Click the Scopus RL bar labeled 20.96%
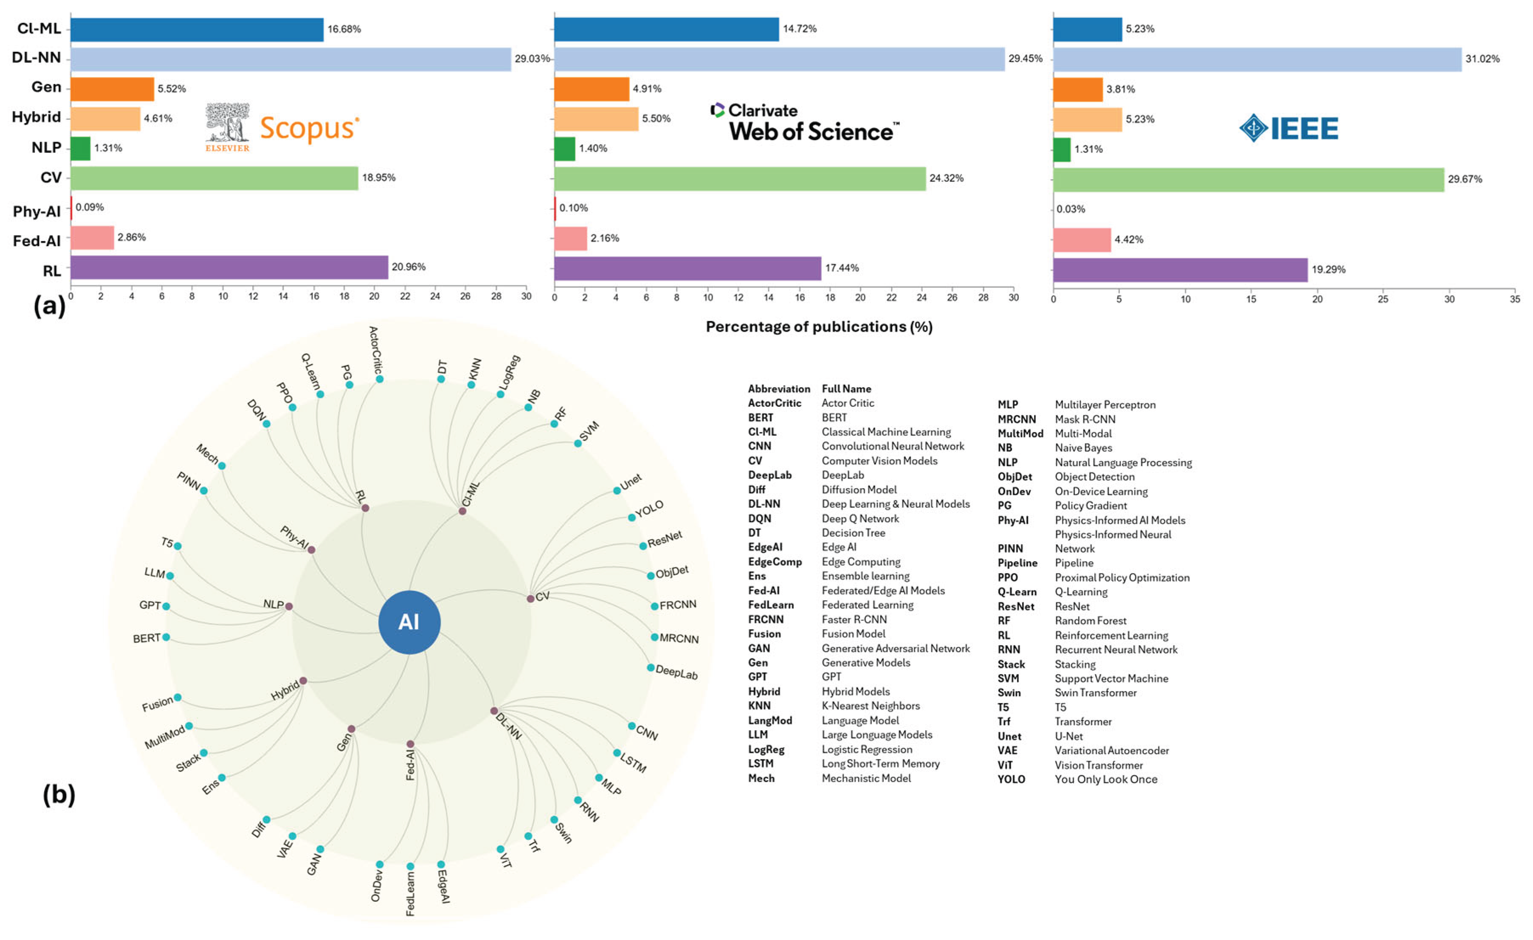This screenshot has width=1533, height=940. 229,267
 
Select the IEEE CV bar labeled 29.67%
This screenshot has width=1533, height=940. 1248,179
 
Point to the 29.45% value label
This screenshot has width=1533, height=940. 1025,59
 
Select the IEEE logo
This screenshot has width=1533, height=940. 1288,128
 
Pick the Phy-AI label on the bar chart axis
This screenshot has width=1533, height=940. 37,211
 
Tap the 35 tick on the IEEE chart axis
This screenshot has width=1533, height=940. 1514,299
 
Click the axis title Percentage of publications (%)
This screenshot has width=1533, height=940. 818,326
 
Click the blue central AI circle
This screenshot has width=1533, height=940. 409,622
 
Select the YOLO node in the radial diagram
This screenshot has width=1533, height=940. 631,517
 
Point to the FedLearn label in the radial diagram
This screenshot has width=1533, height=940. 410,893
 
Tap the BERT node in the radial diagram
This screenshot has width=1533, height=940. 166,637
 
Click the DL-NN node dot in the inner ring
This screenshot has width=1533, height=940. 494,710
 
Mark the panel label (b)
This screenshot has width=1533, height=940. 59,794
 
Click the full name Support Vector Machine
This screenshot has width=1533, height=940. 1111,678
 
